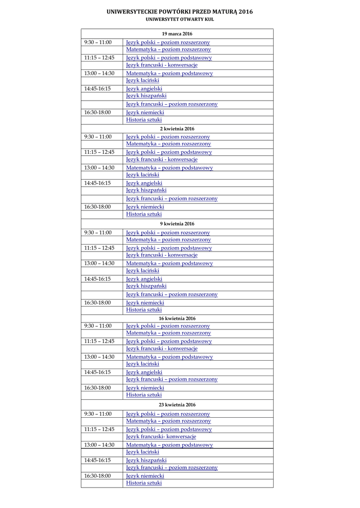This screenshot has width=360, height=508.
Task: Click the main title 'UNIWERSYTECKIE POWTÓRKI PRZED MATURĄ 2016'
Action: (180, 11)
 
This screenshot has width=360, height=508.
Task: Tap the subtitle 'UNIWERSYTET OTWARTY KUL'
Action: (180, 19)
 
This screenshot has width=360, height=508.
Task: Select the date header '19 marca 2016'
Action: (177, 34)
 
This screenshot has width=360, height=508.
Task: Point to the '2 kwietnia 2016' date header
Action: (177, 128)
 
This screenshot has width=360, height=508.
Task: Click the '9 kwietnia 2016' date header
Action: (177, 224)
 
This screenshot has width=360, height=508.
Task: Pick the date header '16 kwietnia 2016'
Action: (177, 318)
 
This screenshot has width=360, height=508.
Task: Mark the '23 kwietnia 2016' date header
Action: (177, 405)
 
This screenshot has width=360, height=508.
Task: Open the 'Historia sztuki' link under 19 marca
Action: (144, 120)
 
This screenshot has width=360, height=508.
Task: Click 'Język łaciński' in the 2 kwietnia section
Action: (143, 175)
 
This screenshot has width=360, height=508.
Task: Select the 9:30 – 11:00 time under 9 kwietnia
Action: (98, 232)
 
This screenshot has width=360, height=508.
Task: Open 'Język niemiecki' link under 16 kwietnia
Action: (145, 388)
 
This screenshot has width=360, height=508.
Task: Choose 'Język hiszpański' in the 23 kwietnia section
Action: (146, 460)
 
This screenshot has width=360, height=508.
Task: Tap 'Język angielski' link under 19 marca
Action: (144, 89)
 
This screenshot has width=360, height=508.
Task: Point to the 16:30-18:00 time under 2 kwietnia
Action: (97, 207)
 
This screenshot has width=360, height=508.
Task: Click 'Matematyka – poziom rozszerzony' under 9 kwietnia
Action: (168, 240)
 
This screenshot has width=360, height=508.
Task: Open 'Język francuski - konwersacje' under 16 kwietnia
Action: (162, 348)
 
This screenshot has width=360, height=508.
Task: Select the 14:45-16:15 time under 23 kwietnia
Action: (97, 460)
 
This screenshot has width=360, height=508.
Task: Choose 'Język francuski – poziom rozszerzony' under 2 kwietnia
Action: (172, 198)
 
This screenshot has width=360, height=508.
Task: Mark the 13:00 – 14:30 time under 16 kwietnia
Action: (99, 357)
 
